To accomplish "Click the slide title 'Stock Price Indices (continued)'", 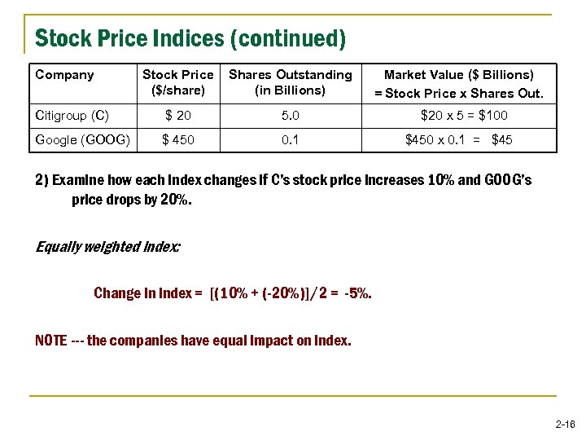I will coord(190,38).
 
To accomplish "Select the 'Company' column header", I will coord(65,75).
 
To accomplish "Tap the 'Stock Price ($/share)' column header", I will coord(177,82).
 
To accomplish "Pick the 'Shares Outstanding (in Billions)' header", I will coord(290,82).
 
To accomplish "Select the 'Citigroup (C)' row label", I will coord(72,115).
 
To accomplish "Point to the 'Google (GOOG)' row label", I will coord(82,139).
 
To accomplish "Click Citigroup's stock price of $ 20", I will coord(177,115).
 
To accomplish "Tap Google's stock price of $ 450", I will coord(177,139).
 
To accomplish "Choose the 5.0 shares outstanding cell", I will coord(290,115).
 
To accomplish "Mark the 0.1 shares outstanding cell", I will coord(290,139).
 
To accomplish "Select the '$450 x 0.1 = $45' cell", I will coord(459,139).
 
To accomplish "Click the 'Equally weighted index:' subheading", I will coord(107,245).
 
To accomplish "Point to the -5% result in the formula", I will coord(357,293).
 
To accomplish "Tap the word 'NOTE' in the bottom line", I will coord(52,341).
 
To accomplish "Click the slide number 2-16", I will coord(565,425).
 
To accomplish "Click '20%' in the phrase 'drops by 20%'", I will coord(177,199).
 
